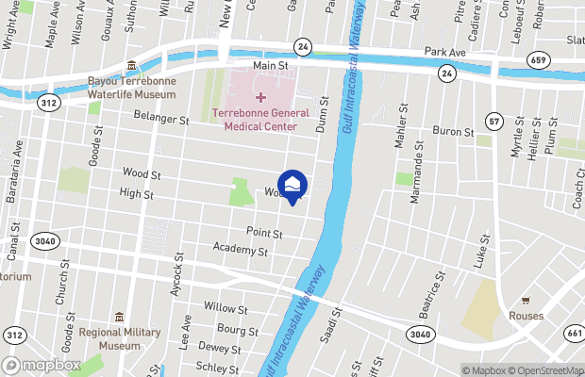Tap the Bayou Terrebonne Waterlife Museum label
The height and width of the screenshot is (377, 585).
131,88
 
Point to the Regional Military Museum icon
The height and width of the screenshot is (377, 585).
119,317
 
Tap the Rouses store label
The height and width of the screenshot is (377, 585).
526,316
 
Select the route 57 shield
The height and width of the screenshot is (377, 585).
493,122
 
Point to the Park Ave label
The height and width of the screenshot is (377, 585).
445,52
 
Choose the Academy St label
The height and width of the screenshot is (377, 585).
241,252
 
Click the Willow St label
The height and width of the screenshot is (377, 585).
226,308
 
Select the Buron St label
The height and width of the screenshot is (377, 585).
452,133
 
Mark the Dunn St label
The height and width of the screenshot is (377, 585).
322,114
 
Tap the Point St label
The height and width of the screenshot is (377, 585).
264,232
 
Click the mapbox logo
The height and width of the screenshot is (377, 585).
41,365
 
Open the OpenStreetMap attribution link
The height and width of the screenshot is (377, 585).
543,369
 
